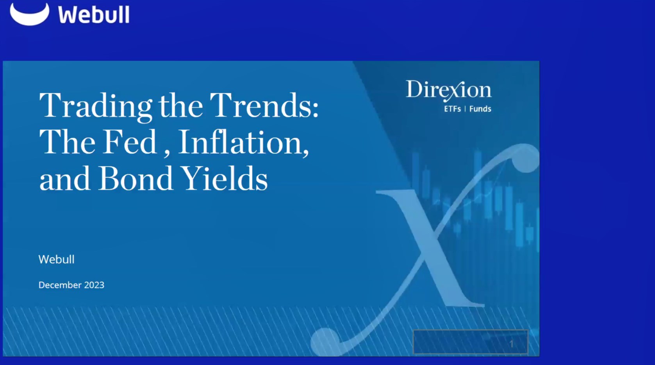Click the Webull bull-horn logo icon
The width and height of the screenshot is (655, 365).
coord(29,15)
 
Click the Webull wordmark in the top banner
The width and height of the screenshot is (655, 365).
coord(94,15)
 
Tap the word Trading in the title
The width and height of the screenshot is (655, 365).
coord(95,105)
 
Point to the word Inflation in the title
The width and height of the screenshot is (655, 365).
coord(242,142)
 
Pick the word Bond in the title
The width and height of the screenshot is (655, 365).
coord(135,179)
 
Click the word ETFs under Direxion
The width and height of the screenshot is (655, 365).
coord(452,109)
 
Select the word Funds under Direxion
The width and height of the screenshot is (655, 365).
coord(480,109)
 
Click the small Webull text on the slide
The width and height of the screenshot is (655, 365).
coord(56,260)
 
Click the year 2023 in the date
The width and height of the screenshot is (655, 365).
coord(94,285)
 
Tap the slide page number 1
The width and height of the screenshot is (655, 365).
coord(511,344)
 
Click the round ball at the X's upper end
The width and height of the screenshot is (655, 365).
coord(526,158)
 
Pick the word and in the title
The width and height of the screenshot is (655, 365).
coord(64,179)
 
